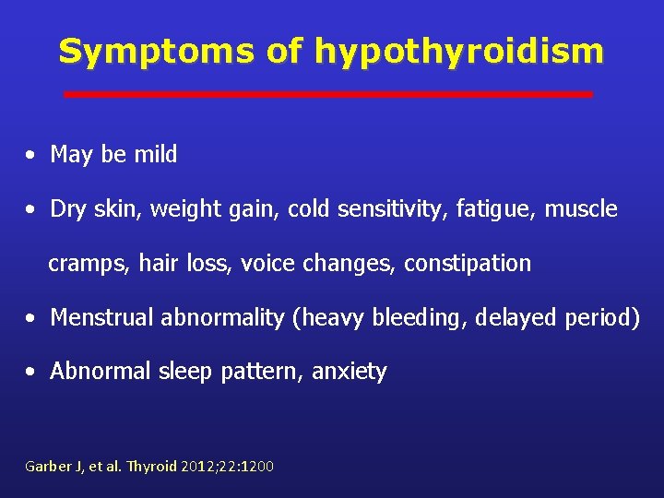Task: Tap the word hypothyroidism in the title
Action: (459, 53)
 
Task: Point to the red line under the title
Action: (327, 94)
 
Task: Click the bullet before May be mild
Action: (31, 156)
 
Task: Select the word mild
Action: (155, 155)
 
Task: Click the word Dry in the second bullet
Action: (67, 209)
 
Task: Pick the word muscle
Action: (581, 209)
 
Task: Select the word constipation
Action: (468, 264)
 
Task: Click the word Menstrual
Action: (102, 318)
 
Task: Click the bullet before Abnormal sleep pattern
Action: (31, 373)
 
